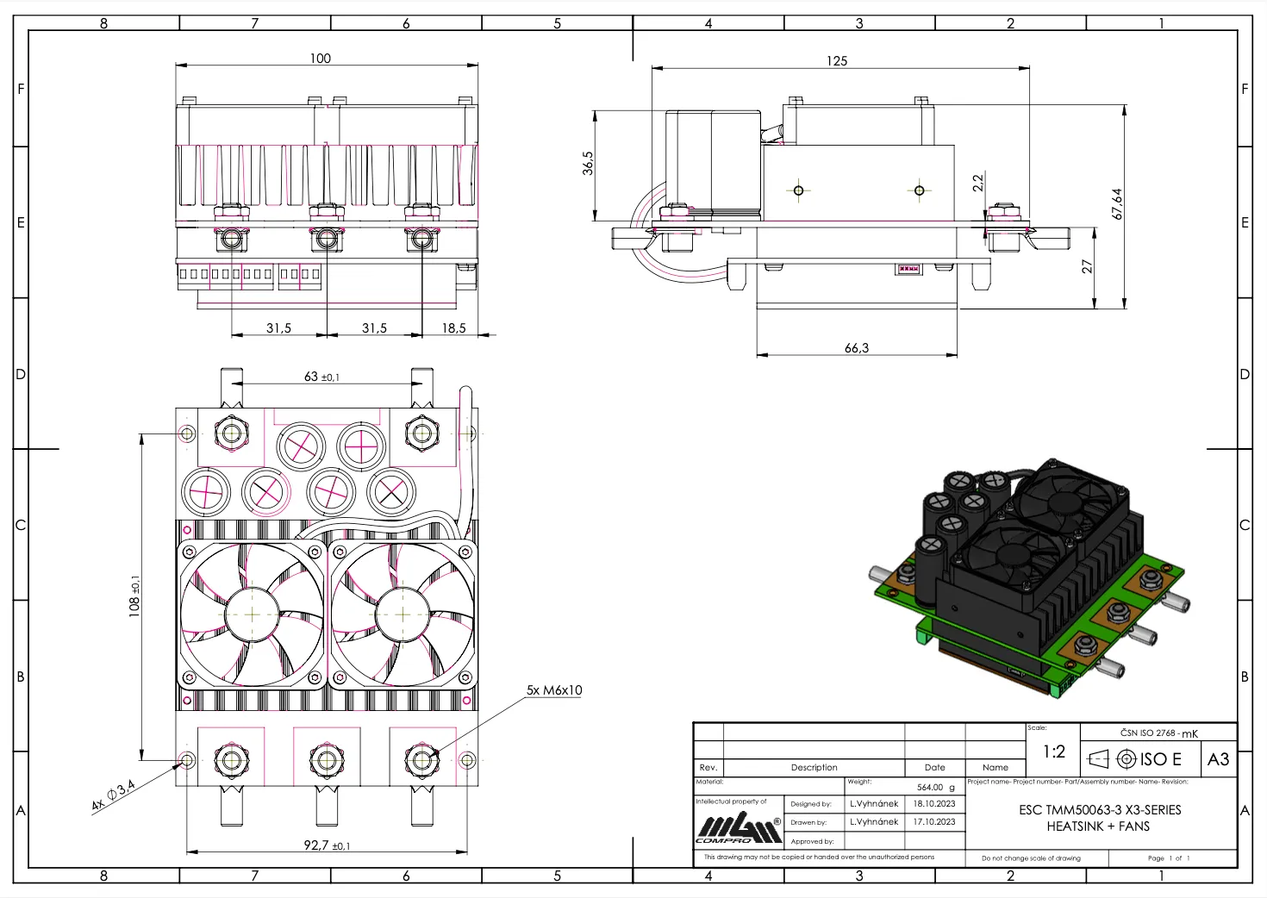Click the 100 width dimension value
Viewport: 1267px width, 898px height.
point(320,59)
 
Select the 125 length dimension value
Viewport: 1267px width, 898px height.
point(836,61)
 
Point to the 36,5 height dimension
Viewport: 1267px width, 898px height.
point(588,163)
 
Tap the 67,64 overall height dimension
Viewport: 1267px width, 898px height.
point(1117,204)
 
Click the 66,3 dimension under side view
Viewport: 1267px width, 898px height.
point(857,348)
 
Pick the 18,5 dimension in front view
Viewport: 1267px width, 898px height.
point(453,328)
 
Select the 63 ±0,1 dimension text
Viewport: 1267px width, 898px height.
point(321,377)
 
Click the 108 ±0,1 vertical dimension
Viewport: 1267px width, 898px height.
point(134,596)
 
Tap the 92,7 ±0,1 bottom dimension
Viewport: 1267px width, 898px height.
point(327,845)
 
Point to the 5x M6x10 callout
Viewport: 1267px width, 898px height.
point(554,690)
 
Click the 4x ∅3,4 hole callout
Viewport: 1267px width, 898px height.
point(114,795)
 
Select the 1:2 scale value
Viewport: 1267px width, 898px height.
point(1053,751)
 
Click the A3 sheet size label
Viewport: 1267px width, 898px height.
point(1218,759)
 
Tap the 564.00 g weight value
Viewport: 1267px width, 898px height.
point(935,787)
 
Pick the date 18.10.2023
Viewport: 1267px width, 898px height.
point(934,803)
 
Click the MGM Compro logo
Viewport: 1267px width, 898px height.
point(739,829)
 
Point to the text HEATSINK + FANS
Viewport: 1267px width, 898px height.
point(1098,826)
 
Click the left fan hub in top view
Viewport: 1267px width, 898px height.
point(252,614)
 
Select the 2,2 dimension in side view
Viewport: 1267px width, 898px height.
point(977,183)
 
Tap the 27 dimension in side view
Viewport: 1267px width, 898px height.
point(1087,267)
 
